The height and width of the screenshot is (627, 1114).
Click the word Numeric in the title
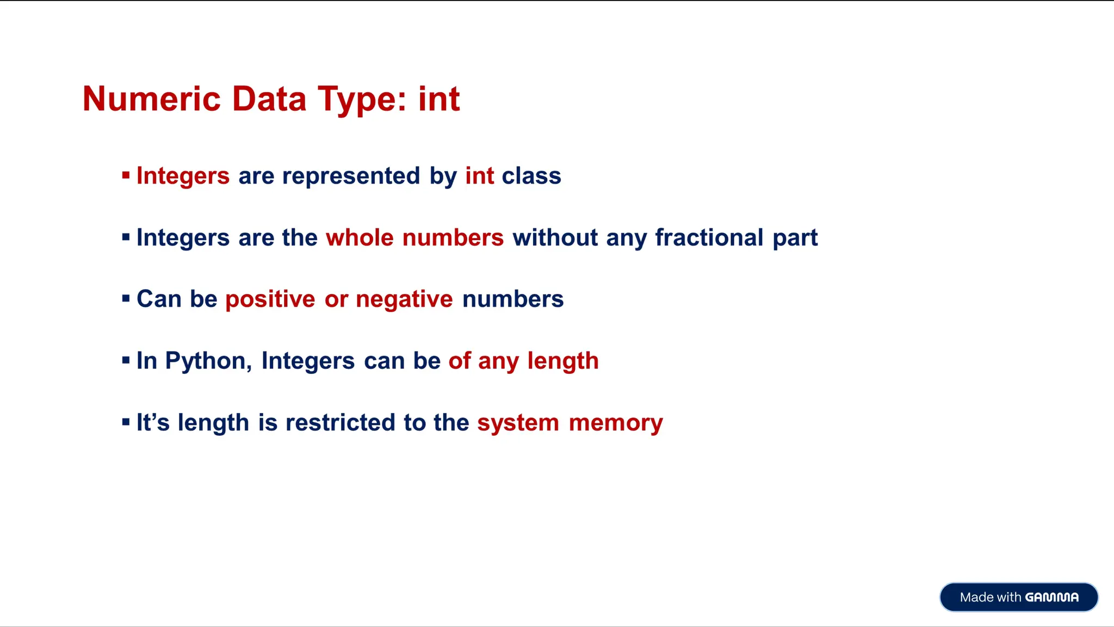151,99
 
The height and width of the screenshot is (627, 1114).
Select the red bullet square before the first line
126,175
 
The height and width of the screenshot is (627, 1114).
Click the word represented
351,176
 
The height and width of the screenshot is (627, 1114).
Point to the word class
531,176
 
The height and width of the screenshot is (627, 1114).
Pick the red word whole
360,238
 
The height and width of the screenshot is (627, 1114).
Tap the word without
555,238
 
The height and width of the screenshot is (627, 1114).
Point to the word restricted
340,423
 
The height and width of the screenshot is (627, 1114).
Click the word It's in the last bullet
153,423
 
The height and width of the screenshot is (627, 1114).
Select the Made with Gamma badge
1018,597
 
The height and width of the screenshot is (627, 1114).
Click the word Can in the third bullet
159,299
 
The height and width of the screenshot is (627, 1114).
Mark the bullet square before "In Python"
126,360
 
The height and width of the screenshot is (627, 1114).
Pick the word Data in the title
269,99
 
